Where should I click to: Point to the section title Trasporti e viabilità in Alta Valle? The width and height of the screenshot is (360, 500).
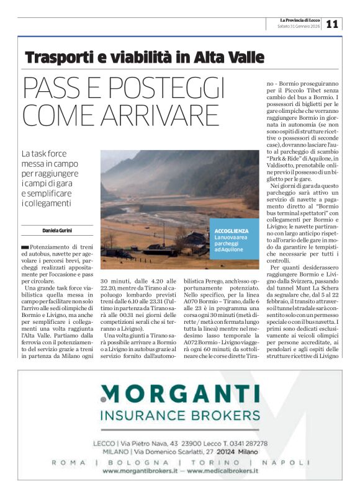click(x=145, y=59)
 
